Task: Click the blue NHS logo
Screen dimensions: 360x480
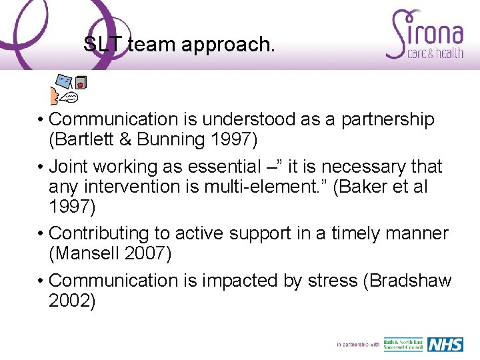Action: [445, 344]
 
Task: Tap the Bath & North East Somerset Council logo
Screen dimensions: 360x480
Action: [403, 344]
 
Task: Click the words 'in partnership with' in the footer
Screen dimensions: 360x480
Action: [358, 345]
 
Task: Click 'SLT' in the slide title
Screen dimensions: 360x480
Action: [103, 45]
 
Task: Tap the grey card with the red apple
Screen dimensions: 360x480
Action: [82, 83]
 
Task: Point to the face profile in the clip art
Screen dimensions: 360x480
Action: [54, 97]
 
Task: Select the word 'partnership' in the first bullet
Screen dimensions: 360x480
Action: [388, 119]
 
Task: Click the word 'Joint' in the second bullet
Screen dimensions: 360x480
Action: [71, 166]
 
